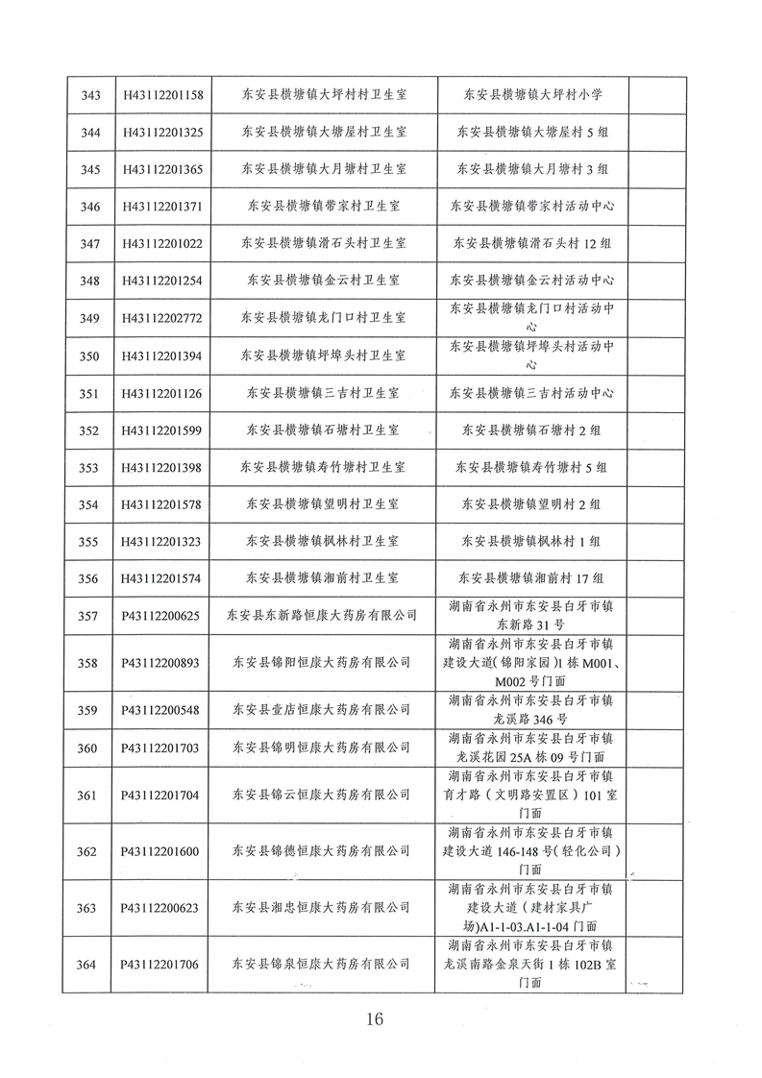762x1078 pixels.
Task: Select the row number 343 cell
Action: tap(91, 95)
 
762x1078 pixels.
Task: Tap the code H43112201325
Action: tap(162, 132)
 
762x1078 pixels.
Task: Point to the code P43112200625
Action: tap(162, 616)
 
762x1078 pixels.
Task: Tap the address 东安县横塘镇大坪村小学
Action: tap(532, 95)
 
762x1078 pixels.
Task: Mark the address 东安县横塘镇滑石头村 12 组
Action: tap(532, 244)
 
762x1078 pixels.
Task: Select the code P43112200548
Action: tap(162, 710)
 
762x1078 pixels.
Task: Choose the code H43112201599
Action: tap(162, 430)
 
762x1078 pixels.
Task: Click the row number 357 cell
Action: tap(91, 616)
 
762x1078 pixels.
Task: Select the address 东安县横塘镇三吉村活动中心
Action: tap(532, 393)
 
